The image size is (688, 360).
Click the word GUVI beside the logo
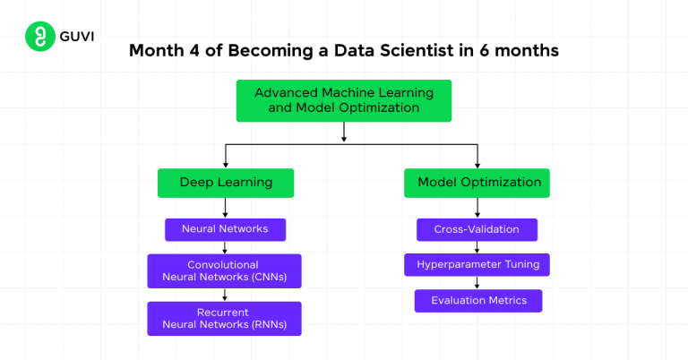coord(76,38)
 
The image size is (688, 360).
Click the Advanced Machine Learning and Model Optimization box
coord(344,99)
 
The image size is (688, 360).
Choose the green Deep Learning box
coord(226,182)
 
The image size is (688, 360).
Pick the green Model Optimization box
coord(478,182)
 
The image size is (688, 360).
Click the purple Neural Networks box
coord(226,229)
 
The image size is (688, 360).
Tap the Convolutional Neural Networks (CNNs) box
coord(224,270)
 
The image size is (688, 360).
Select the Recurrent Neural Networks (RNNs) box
coord(224,318)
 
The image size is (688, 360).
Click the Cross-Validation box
coord(477,229)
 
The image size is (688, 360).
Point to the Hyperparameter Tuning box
coord(477,264)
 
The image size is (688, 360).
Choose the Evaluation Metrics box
coord(478,300)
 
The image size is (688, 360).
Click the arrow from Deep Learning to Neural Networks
coord(226,207)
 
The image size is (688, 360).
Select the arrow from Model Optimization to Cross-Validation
coord(477,207)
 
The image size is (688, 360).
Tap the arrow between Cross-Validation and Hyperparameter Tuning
coord(477,247)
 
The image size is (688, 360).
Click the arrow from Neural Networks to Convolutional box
coord(226,247)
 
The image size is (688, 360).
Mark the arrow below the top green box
coord(344,132)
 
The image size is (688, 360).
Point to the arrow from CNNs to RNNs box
coord(226,295)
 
